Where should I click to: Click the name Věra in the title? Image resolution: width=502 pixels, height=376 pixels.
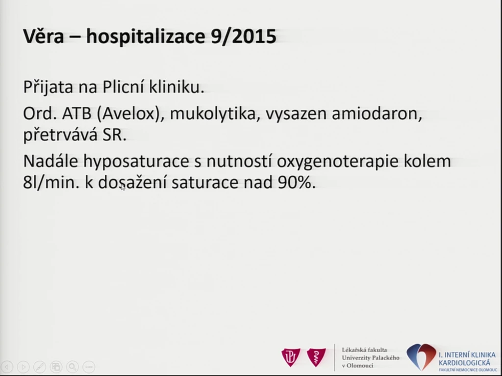pyautogui.click(x=44, y=36)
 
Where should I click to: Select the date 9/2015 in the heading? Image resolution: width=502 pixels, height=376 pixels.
pyautogui.click(x=244, y=36)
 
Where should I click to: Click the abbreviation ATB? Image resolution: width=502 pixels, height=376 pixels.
pyautogui.click(x=77, y=114)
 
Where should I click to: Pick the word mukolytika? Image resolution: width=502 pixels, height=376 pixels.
pyautogui.click(x=215, y=114)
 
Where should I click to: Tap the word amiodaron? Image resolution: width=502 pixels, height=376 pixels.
pyautogui.click(x=377, y=114)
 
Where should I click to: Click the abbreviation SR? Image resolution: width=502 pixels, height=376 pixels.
pyautogui.click(x=114, y=135)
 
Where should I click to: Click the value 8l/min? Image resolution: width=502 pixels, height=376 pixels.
pyautogui.click(x=51, y=183)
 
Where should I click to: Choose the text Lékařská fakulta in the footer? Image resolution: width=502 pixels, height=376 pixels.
pyautogui.click(x=364, y=350)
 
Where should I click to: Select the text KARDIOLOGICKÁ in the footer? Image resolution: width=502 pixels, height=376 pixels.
pyautogui.click(x=464, y=363)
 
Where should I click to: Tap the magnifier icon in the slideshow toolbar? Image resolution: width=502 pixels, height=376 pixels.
pyautogui.click(x=73, y=366)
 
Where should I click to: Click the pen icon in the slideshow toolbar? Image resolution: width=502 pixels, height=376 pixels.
pyautogui.click(x=40, y=366)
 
